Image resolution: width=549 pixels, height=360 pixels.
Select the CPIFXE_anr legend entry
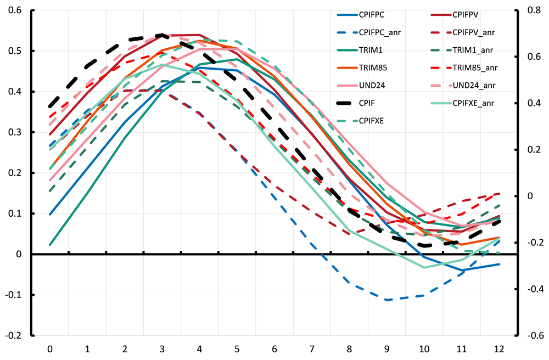[475, 103]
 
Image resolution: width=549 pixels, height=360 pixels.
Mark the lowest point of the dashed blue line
[388, 300]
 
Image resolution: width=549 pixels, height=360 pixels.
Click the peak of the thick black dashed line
[163, 35]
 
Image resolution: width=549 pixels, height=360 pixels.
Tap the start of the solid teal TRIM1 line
[50, 245]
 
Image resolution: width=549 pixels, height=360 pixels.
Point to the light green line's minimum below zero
[425, 267]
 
